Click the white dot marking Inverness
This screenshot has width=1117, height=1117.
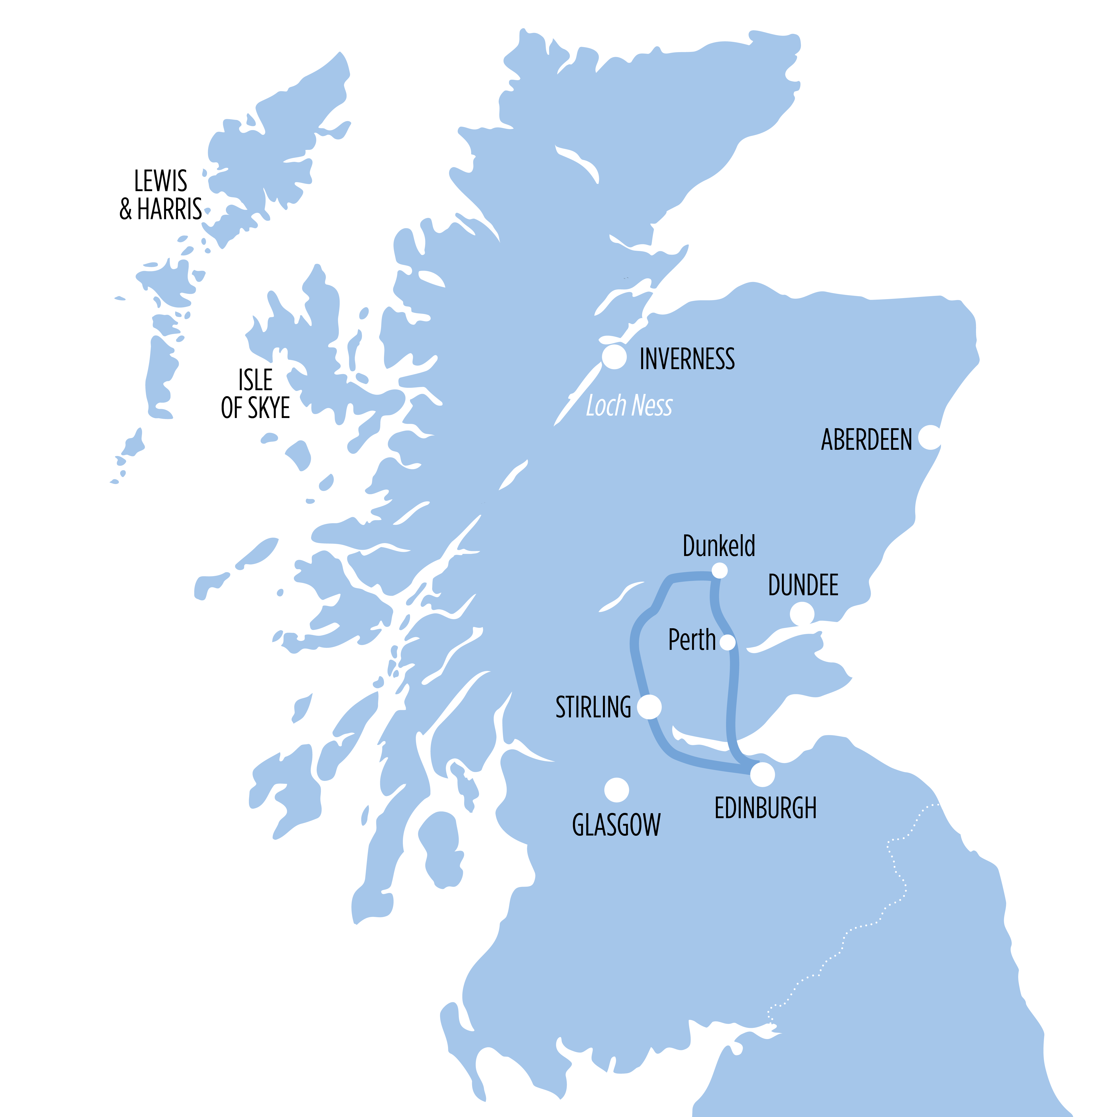pyautogui.click(x=614, y=357)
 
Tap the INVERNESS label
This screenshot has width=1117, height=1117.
pyautogui.click(x=687, y=359)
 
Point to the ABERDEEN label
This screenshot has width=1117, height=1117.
pyautogui.click(x=866, y=440)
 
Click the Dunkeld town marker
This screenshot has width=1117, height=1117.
pyautogui.click(x=719, y=571)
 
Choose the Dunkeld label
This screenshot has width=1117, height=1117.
pyautogui.click(x=719, y=546)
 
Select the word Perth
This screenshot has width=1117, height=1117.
pyautogui.click(x=692, y=640)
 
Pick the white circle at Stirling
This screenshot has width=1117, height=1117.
pyautogui.click(x=649, y=706)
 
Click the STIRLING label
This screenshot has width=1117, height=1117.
pyautogui.click(x=593, y=707)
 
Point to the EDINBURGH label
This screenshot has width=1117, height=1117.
pyautogui.click(x=766, y=808)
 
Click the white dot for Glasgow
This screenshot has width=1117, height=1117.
pyautogui.click(x=616, y=790)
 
